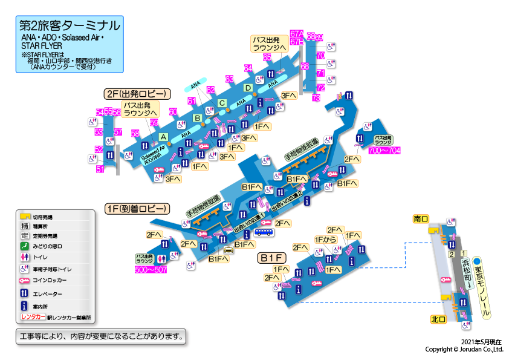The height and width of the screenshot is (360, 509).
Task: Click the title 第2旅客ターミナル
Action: (x=70, y=26)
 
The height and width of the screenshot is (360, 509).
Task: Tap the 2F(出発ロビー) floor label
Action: (x=138, y=94)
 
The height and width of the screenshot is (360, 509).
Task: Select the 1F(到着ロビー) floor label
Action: (x=137, y=209)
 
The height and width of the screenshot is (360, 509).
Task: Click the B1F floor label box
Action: (x=273, y=258)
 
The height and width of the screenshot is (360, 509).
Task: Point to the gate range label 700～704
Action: (x=384, y=150)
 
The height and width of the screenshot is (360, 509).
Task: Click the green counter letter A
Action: (x=163, y=137)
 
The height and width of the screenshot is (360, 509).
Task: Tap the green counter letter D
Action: (x=247, y=88)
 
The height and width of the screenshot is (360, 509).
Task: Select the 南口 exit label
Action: (x=421, y=218)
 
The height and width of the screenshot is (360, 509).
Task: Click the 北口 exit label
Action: (x=438, y=319)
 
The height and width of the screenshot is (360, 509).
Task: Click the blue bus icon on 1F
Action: (x=263, y=232)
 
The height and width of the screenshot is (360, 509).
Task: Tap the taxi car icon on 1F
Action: (x=229, y=250)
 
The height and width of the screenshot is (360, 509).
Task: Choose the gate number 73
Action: (x=316, y=97)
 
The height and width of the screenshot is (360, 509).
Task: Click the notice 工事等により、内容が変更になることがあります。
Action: (x=100, y=335)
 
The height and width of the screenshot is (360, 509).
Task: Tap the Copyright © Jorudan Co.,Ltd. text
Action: (x=464, y=349)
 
